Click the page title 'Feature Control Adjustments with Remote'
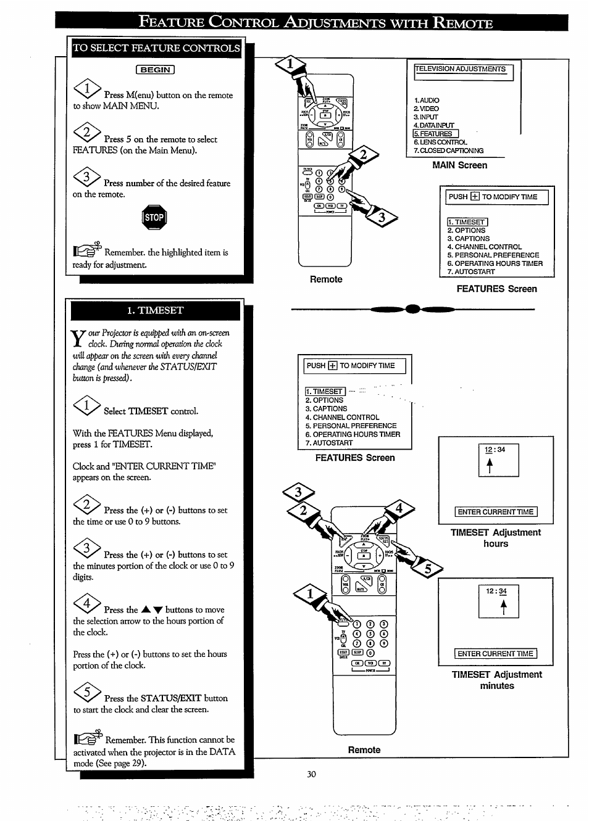(315, 23)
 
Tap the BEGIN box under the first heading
(155, 70)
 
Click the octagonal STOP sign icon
(154, 217)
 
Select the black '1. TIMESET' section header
(155, 310)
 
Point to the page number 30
(311, 774)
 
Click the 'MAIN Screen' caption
(459, 165)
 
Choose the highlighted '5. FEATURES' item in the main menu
(435, 134)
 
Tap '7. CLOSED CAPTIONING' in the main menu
(448, 151)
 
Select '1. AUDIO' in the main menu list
(427, 100)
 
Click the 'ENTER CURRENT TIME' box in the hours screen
(496, 512)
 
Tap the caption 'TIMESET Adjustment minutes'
(496, 680)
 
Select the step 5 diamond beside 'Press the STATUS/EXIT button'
(86, 693)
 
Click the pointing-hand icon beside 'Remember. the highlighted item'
(86, 250)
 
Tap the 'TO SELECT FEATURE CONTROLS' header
(156, 48)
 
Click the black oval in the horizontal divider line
(412, 310)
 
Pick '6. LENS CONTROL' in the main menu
(440, 142)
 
